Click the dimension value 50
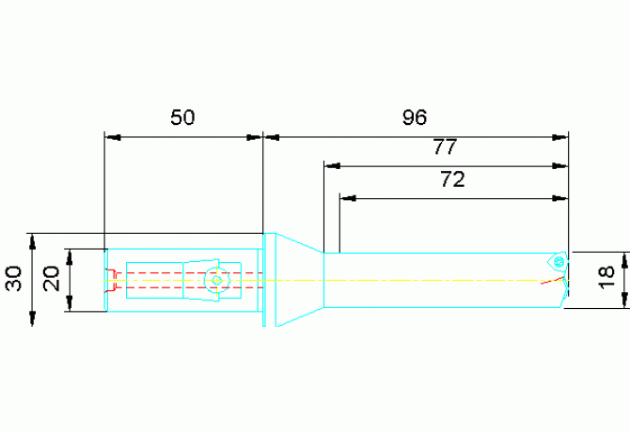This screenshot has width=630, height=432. [x=182, y=117]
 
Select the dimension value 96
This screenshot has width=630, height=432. [x=415, y=117]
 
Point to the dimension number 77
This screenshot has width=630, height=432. [x=445, y=147]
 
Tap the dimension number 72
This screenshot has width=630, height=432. [x=453, y=179]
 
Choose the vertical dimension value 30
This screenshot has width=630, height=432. [x=13, y=279]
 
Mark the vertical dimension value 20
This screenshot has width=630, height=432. [x=52, y=279]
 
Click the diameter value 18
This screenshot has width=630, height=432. [x=606, y=278]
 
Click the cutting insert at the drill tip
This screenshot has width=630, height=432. [x=558, y=262]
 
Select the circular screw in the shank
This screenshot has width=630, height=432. [x=217, y=280]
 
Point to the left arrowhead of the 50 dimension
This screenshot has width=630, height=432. [x=113, y=137]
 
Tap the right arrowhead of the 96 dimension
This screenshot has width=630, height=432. [x=560, y=137]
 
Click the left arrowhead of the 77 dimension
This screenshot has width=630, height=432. [x=332, y=165]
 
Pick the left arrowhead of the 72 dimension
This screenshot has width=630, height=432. [x=348, y=198]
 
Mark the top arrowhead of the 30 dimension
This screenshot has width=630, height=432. [x=33, y=241]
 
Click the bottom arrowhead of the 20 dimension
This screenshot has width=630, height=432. [x=70, y=303]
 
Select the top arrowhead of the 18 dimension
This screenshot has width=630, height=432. [x=624, y=260]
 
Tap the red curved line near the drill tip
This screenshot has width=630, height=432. [x=553, y=280]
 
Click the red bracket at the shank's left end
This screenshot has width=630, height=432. [x=111, y=279]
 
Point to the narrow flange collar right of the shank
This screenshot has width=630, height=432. [x=264, y=280]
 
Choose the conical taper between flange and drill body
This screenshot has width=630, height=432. [x=299, y=280]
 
